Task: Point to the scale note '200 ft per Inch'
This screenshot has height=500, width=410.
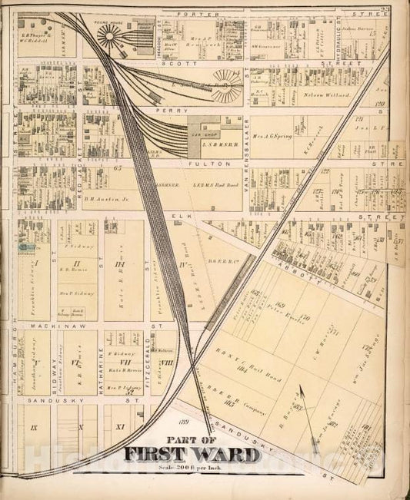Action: tap(195, 469)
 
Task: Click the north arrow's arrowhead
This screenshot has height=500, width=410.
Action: tap(302, 392)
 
